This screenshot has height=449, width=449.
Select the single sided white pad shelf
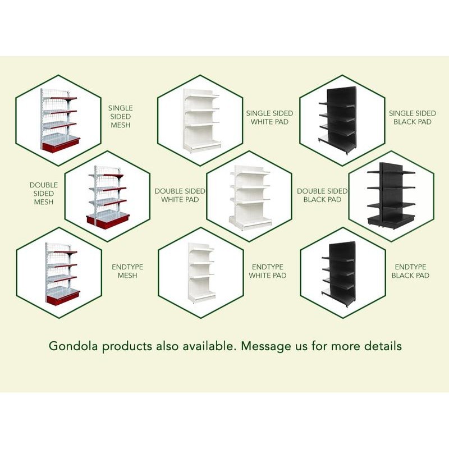(x=201, y=121)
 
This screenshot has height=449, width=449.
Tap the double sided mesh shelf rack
(x=107, y=196)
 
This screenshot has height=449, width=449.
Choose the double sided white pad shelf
(x=250, y=196)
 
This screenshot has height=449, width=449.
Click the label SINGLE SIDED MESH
(x=121, y=116)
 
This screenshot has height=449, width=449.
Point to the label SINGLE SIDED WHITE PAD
(x=269, y=117)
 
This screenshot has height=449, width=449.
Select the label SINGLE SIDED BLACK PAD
(x=412, y=117)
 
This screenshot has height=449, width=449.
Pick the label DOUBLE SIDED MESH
(x=43, y=193)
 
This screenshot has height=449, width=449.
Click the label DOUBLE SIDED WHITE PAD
(x=180, y=195)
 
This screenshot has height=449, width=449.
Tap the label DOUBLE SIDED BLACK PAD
(x=322, y=195)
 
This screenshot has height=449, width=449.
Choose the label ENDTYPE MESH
(x=127, y=271)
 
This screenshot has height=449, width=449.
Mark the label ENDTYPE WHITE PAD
(x=268, y=271)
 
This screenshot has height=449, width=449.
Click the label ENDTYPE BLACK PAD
(x=411, y=271)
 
